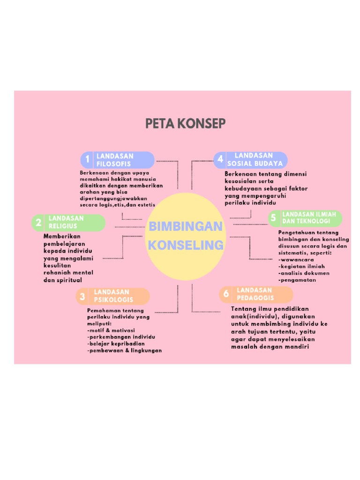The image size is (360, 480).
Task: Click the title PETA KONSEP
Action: (x=185, y=124)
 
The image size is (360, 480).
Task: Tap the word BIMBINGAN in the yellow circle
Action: (x=185, y=227)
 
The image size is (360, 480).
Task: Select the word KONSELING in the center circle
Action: (x=186, y=245)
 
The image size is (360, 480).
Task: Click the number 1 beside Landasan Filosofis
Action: (x=87, y=160)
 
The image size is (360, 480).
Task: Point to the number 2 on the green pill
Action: (x=39, y=222)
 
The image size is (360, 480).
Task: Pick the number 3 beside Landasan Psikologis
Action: (x=82, y=296)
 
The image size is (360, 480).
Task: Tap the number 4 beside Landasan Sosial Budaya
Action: (x=220, y=159)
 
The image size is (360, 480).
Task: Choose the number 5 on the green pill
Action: (x=273, y=218)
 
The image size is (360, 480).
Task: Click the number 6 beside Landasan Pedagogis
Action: (x=226, y=294)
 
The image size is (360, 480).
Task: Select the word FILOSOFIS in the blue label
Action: (x=113, y=164)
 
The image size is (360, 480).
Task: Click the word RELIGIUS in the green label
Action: (x=63, y=226)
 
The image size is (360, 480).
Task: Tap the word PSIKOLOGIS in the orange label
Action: (x=113, y=300)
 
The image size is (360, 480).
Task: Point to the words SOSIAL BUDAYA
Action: (x=255, y=164)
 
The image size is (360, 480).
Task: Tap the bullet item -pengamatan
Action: (x=297, y=280)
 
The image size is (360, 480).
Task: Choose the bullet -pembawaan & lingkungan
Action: (x=124, y=350)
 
